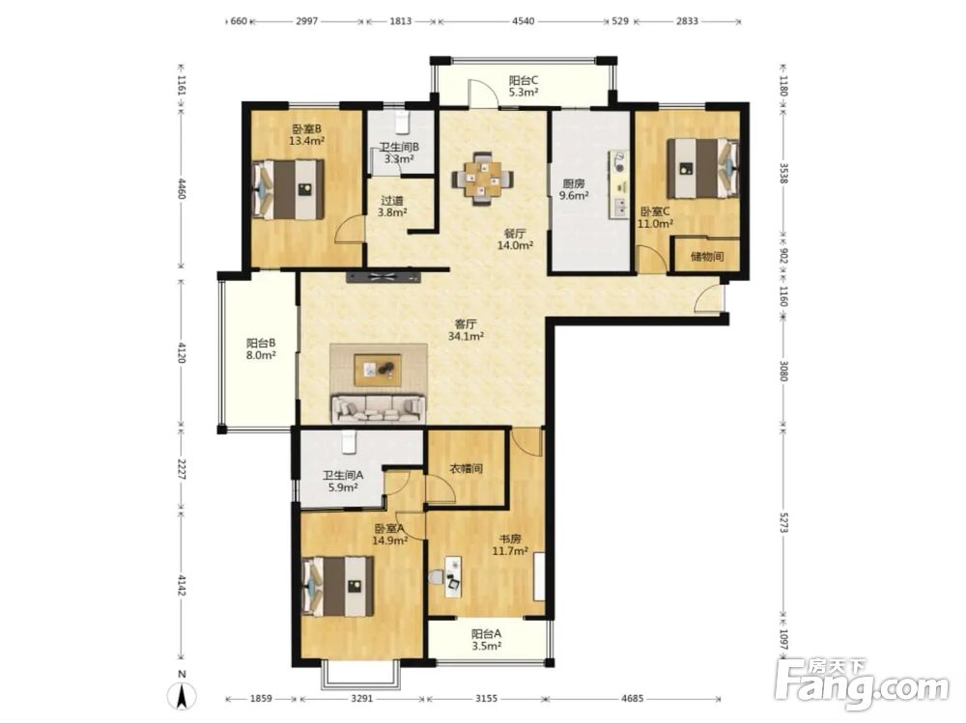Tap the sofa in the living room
(x=378, y=408)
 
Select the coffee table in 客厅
(x=378, y=370)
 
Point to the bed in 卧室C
(x=703, y=168)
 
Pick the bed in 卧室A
(x=338, y=586)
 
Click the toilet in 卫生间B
(x=403, y=122)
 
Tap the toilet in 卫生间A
(x=349, y=442)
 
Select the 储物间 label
(x=707, y=257)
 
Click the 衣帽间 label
(x=466, y=468)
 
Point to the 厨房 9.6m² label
(x=574, y=189)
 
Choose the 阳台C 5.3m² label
(x=524, y=86)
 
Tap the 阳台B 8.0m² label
(x=261, y=349)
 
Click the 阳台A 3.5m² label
(x=486, y=639)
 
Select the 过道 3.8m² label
(x=392, y=207)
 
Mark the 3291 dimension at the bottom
(x=361, y=699)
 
